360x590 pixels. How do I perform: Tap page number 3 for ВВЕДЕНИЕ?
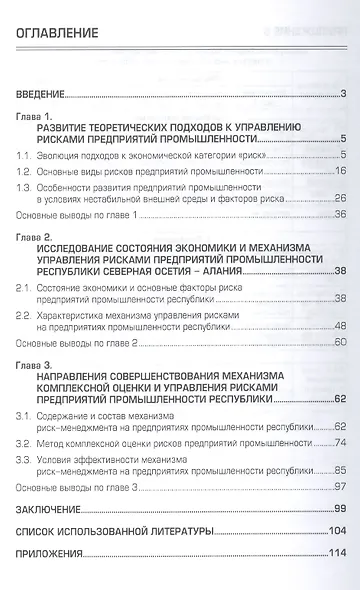click(342, 96)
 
